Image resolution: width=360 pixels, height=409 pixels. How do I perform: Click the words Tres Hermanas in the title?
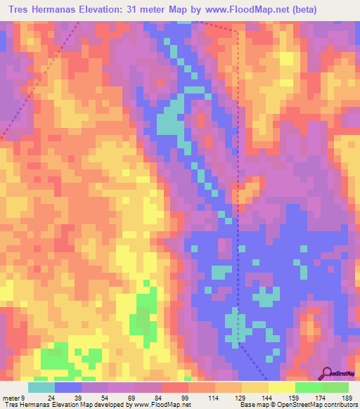pyautogui.click(x=42, y=10)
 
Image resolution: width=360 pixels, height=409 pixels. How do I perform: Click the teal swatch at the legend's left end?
pyautogui.click(x=41, y=388)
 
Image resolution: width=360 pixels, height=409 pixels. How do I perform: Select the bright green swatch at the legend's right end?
pyautogui.click(x=335, y=388)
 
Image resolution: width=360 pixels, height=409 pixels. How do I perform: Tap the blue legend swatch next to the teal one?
pyautogui.click(x=68, y=388)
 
